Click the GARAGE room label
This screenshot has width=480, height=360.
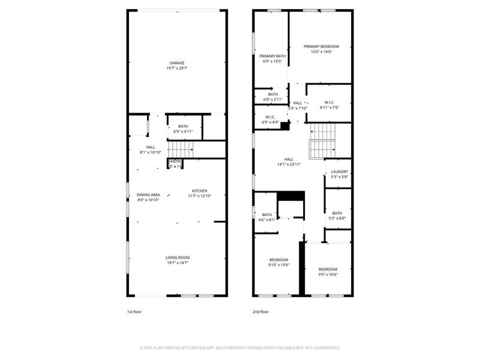[x=176, y=63]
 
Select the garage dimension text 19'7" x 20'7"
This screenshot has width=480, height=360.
[x=176, y=68]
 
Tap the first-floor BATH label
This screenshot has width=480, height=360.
[x=183, y=126]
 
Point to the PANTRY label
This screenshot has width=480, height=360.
[x=175, y=161]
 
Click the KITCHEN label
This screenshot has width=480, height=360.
[x=199, y=191]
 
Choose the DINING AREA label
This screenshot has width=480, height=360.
[x=148, y=194]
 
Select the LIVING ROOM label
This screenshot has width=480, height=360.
[x=178, y=257]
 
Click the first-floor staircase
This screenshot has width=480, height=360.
[x=181, y=149]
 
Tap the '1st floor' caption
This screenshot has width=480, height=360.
[x=134, y=312]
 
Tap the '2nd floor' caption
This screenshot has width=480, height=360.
[x=260, y=312]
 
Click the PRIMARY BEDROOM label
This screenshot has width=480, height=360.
[x=321, y=46]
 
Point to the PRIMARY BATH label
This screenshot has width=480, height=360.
[x=272, y=56]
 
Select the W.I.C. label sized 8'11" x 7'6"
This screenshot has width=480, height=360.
[x=329, y=102]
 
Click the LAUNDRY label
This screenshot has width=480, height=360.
[x=340, y=172]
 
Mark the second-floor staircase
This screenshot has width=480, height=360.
[x=322, y=139]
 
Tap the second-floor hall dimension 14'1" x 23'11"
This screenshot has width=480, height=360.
[x=289, y=164]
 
